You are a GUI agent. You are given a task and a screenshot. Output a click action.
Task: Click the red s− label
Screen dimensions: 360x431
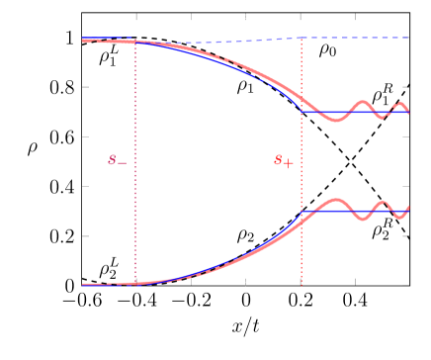click(118, 160)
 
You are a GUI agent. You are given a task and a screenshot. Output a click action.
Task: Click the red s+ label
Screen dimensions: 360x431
click(284, 160)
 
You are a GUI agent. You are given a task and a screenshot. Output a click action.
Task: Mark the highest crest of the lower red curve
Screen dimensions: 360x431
click(335, 201)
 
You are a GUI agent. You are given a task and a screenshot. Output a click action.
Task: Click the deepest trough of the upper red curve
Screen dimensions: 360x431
click(335, 120)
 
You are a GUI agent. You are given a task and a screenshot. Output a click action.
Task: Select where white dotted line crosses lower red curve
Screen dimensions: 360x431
click(245, 256)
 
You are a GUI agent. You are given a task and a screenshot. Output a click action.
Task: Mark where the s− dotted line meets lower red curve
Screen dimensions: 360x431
click(135, 283)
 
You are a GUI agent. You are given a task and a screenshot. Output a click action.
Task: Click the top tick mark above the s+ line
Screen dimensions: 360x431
click(302, 17)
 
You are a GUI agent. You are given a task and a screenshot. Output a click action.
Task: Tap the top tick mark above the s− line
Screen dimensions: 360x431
click(135, 17)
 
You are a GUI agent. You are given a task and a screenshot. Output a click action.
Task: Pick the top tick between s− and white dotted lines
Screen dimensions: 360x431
click(191, 17)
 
